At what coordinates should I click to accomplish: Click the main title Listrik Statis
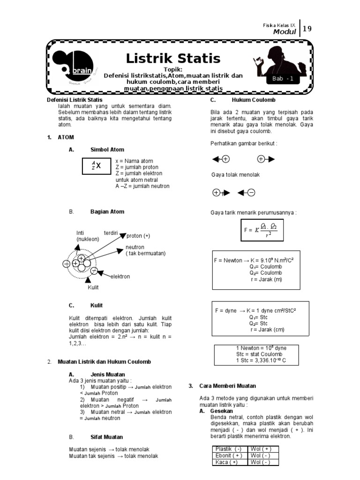173,59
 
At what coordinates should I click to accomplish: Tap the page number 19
307,29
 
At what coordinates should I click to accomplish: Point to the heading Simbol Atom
107,150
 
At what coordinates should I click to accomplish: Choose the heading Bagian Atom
107,211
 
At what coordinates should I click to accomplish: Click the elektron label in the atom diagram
120,277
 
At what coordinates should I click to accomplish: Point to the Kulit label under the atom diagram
93,287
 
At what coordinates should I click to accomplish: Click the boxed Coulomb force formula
262,230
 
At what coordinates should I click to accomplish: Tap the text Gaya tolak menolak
235,175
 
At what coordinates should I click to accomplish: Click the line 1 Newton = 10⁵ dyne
261,348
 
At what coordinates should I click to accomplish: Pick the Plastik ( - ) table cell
228,449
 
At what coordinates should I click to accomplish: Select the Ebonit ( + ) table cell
229,456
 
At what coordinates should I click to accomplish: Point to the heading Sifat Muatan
107,436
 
